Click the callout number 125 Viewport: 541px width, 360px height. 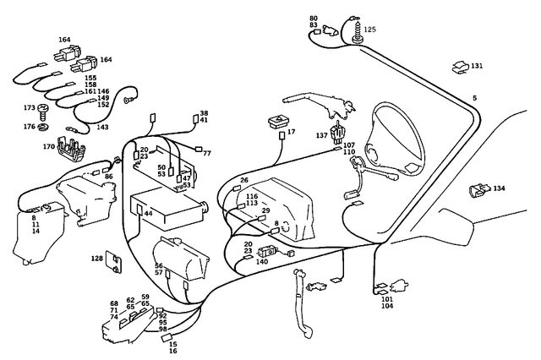tap(370, 30)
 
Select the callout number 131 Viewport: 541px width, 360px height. tap(477, 65)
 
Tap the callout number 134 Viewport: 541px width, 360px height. tap(499, 188)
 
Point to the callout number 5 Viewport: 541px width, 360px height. tap(474, 98)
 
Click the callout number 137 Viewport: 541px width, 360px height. tap(321, 136)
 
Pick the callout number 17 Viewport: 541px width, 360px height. tap(291, 133)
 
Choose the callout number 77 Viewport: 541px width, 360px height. tap(206, 153)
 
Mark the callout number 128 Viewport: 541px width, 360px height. tap(98, 258)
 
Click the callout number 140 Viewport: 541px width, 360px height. tap(262, 262)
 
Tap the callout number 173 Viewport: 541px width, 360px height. tap(30, 108)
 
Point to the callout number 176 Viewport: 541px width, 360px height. tap(30, 127)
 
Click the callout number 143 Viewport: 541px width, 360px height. tap(102, 128)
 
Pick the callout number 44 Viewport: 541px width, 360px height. tap(148, 214)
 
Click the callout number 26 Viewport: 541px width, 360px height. tap(244, 180)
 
